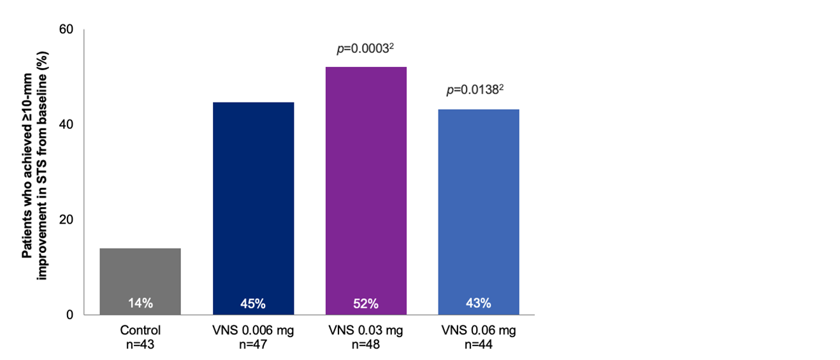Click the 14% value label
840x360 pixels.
coord(140,303)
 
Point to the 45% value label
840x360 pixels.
coord(253,303)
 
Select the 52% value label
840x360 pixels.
coord(366,303)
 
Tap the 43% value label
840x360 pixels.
coord(479,303)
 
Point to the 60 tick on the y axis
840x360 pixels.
coord(66,29)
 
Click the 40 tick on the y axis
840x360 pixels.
coord(66,124)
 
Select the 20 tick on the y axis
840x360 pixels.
coord(66,219)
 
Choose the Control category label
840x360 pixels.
coord(140,331)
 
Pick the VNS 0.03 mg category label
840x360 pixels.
coord(366,331)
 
